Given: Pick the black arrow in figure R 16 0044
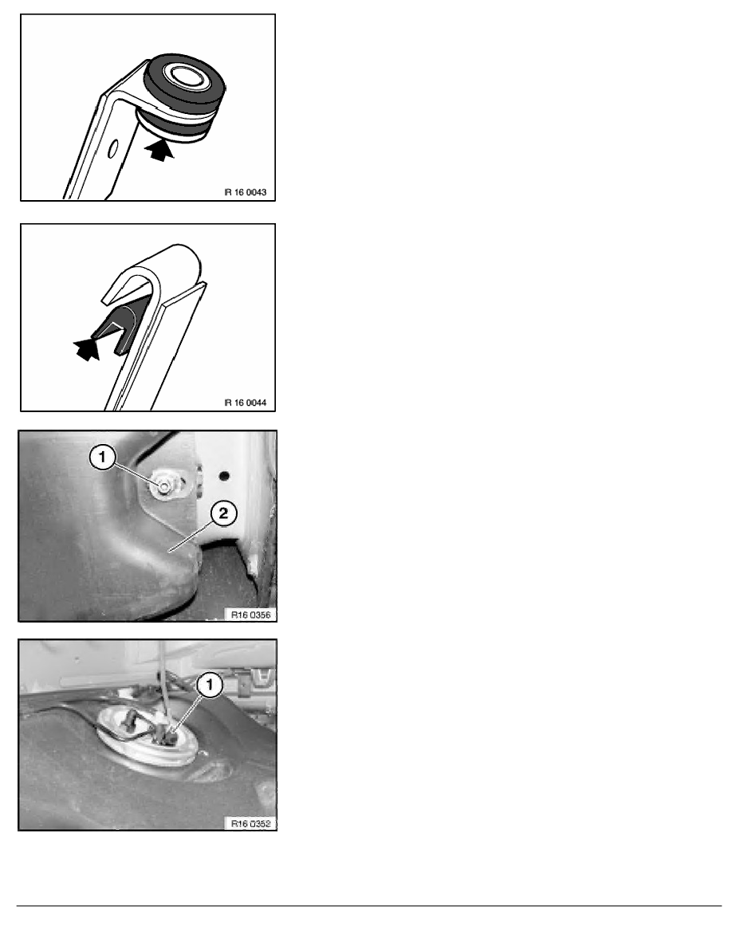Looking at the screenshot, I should point(89,348).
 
